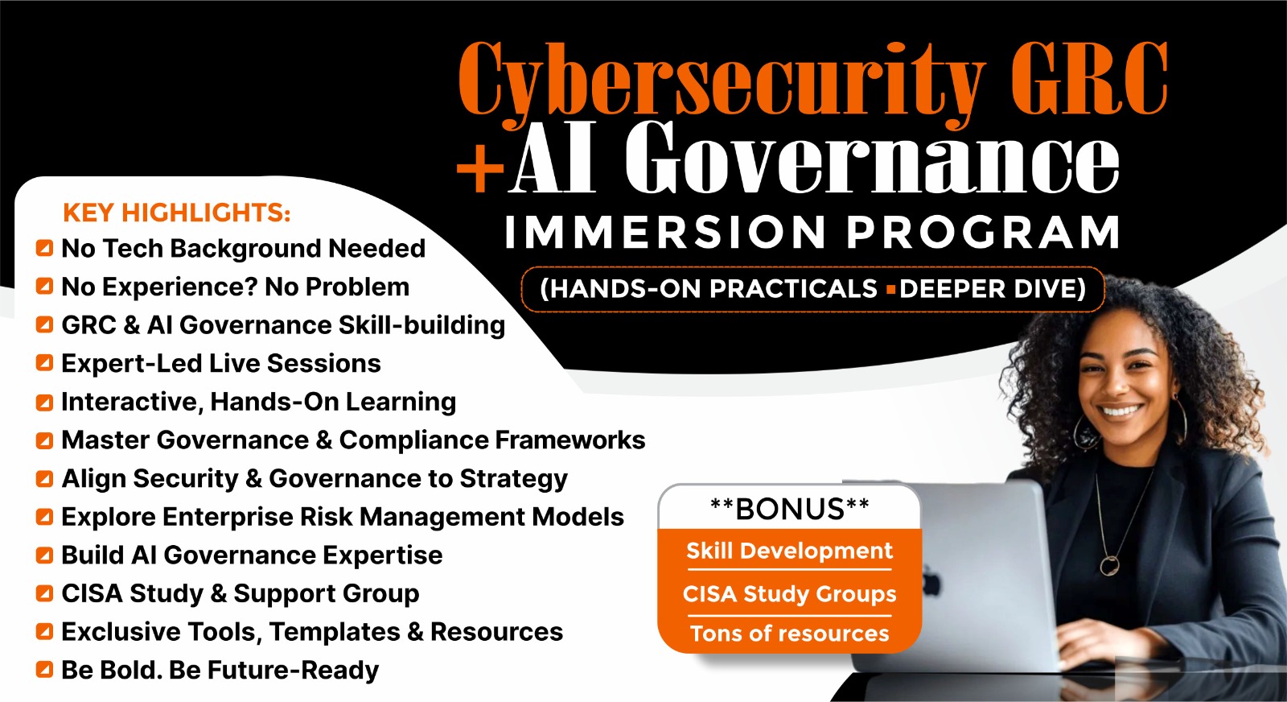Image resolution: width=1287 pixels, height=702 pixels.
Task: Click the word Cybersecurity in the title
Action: click(x=721, y=81)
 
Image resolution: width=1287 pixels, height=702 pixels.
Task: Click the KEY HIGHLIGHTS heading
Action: click(x=177, y=213)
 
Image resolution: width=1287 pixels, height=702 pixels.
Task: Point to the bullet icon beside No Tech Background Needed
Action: click(x=44, y=248)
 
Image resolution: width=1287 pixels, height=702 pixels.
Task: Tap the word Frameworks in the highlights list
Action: click(x=569, y=440)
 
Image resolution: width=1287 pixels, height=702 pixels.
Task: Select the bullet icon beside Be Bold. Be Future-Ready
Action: click(x=44, y=670)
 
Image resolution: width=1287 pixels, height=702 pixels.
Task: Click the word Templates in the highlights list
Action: click(x=335, y=633)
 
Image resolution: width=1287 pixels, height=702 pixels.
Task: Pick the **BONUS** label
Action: click(x=789, y=509)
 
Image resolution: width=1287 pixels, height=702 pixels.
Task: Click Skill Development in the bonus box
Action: click(x=789, y=551)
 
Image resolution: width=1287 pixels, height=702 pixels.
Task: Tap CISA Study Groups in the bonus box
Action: click(x=789, y=594)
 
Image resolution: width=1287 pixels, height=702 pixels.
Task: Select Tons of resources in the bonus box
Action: click(x=789, y=634)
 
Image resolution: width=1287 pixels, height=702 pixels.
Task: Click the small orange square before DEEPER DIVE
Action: click(x=891, y=289)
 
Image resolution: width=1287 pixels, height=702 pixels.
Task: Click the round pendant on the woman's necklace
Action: click(x=1109, y=565)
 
